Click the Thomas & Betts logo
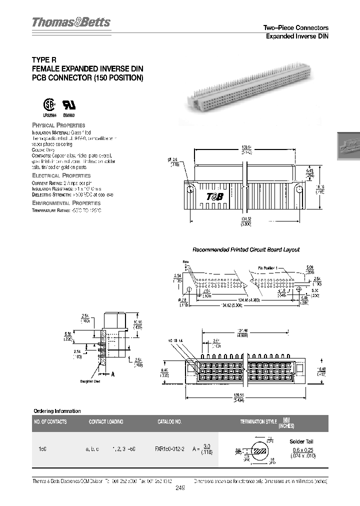click(71, 23)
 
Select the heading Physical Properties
click(58, 125)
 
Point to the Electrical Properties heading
click(61, 175)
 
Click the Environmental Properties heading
click(66, 203)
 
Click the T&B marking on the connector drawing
click(215, 196)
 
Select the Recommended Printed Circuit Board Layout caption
click(246, 249)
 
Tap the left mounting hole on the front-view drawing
click(190, 188)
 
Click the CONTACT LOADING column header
click(106, 421)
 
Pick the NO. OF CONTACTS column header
click(50, 421)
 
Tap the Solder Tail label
click(300, 441)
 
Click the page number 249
click(180, 489)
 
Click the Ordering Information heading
click(56, 411)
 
